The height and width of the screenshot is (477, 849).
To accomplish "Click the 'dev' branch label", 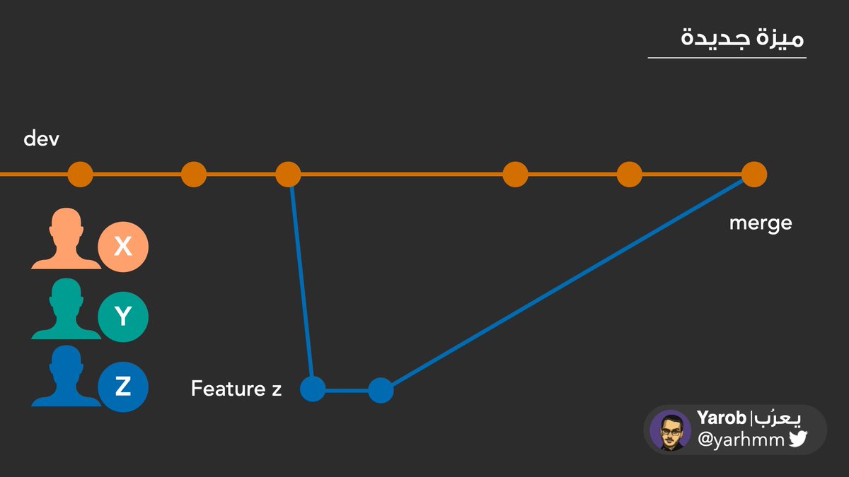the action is point(41,139).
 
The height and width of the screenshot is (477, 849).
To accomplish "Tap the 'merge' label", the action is point(761,223).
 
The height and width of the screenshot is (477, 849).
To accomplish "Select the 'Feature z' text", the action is point(236,388).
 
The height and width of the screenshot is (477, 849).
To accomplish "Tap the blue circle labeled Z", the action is point(123,387).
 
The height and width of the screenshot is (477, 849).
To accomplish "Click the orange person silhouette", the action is point(66,240).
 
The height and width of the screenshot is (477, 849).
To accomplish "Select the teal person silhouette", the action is point(66,310).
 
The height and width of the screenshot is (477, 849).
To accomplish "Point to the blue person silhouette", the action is point(66,378).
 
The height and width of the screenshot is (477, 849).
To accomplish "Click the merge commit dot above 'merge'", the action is point(754,174).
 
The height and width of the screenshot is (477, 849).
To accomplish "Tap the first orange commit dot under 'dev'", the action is point(80,174).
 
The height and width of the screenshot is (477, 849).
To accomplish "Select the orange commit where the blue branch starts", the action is point(288,174).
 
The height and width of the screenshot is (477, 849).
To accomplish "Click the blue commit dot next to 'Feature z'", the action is point(313,389).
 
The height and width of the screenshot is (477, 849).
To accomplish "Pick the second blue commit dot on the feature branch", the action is point(381,390).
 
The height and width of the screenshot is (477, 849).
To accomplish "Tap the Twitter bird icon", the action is point(798,440).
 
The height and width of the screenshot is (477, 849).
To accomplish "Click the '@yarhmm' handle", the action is point(741,440).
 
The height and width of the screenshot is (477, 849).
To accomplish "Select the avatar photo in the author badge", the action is point(670,430).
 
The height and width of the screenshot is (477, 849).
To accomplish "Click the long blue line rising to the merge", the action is point(566,283).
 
